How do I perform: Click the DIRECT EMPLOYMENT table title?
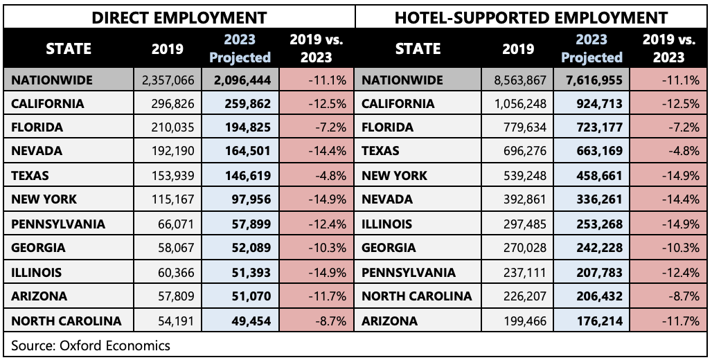tap(179, 17)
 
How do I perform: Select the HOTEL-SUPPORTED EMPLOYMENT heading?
tap(531, 17)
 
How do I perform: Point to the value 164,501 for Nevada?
tap(247, 152)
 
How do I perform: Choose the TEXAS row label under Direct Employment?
tap(31, 176)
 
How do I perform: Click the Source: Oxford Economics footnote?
tap(91, 345)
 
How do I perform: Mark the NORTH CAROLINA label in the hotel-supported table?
tap(416, 296)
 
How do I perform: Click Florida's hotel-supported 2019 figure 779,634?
tap(523, 128)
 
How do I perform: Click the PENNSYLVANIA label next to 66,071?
tap(58, 224)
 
